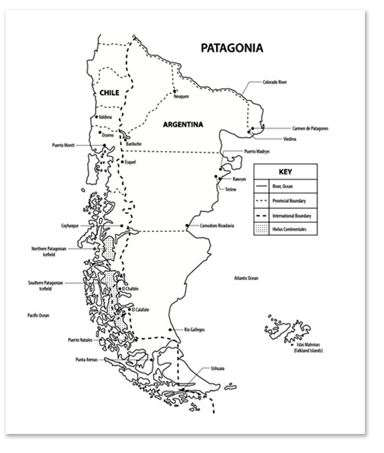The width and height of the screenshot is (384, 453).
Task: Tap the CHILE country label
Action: click(109, 93)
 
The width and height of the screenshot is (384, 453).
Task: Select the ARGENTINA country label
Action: click(183, 124)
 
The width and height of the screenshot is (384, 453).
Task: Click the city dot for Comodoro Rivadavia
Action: click(187, 225)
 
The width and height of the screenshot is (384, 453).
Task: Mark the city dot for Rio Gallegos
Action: click(172, 330)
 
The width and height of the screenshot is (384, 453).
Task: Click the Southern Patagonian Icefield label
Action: click(45, 286)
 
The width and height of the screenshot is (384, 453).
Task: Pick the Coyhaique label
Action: click(74, 226)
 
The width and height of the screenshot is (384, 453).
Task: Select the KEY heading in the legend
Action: click(285, 172)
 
